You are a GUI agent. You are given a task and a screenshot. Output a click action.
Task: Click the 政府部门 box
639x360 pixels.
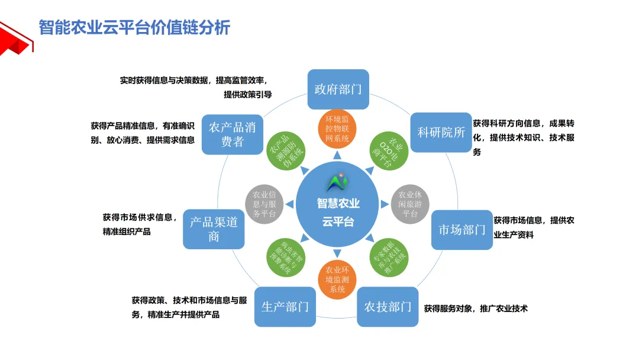tap(338, 89)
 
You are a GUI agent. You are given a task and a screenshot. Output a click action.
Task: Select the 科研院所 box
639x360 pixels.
tap(441, 132)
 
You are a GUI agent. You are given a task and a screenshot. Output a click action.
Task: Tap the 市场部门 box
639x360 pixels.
tap(461, 230)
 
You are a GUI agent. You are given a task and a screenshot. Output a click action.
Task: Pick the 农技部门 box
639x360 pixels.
tap(388, 307)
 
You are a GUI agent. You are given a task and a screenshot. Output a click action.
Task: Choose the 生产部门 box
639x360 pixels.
tap(285, 307)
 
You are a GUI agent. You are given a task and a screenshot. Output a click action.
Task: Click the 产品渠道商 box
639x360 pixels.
tap(214, 229)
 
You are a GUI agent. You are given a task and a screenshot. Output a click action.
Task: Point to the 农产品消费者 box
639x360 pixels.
tap(232, 134)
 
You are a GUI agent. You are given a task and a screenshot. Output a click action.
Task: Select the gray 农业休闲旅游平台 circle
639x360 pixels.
tap(410, 204)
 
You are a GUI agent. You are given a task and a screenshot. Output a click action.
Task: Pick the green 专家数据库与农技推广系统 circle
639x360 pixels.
tap(389, 256)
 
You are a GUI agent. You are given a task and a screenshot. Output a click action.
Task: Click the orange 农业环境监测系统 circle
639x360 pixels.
tap(337, 279)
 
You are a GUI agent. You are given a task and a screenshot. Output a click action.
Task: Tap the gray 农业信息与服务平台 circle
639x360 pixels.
tap(264, 204)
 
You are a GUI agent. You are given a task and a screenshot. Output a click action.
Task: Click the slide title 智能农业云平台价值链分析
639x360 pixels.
tap(134, 27)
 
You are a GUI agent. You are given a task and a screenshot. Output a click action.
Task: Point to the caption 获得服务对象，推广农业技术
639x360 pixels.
tap(476, 308)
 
